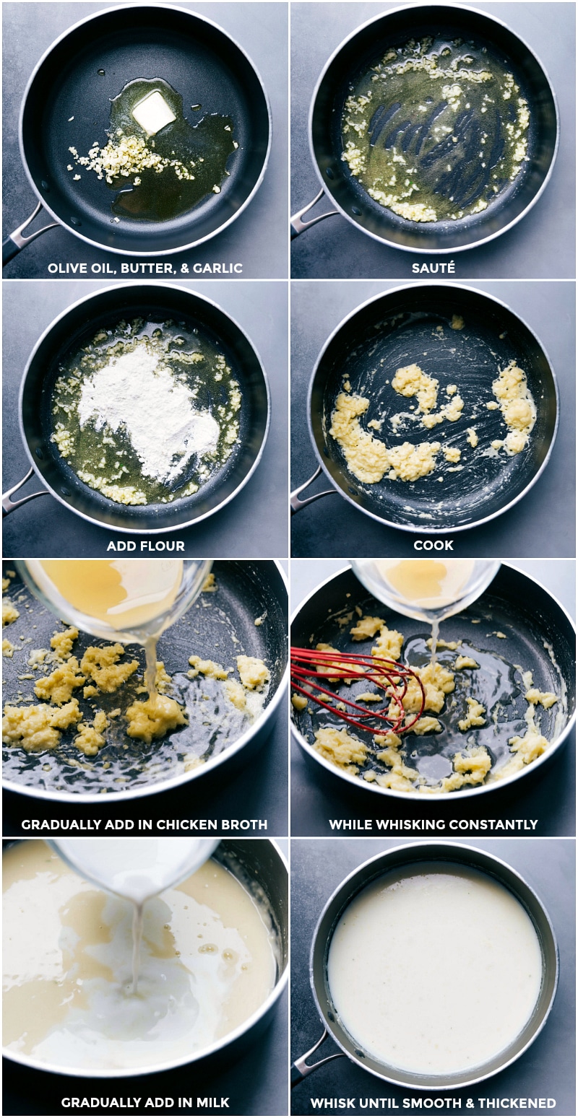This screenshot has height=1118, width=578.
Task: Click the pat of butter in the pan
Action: pyautogui.click(x=153, y=113)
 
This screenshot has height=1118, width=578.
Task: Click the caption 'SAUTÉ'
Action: pyautogui.click(x=433, y=268)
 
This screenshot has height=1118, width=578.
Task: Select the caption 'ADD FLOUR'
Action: pyautogui.click(x=145, y=546)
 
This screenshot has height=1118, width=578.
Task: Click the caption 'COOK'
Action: pyautogui.click(x=433, y=546)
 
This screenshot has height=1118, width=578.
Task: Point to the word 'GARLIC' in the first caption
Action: pyautogui.click(x=217, y=268)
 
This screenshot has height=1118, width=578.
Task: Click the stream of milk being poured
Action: pyautogui.click(x=135, y=946)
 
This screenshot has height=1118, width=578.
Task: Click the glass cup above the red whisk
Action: pyautogui.click(x=426, y=585)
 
